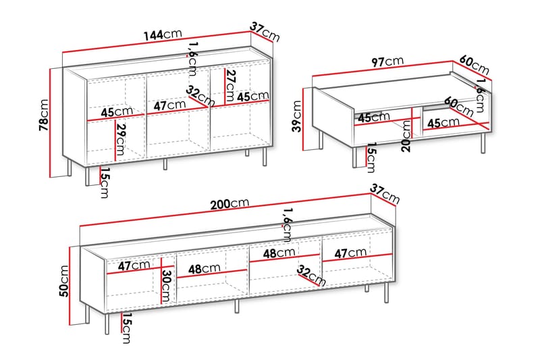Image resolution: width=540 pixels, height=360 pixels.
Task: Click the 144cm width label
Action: [163, 34]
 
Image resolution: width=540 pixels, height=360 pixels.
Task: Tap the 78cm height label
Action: [44, 115]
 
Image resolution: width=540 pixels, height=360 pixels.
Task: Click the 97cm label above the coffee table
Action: [387, 61]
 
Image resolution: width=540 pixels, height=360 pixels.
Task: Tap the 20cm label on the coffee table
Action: [406, 136]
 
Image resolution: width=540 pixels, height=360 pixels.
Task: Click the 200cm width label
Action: [230, 203]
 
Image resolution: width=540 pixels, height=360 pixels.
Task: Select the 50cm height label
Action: [64, 281]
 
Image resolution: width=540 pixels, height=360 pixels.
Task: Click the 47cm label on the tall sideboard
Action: [169, 105]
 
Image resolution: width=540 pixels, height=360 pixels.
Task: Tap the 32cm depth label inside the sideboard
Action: [200, 96]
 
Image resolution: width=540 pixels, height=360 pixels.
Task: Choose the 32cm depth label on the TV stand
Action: [311, 276]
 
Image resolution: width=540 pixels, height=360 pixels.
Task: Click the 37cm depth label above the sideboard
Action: [265, 31]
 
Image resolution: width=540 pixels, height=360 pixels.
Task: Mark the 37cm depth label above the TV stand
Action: [385, 194]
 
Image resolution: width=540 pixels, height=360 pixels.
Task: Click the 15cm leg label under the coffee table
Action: [371, 157]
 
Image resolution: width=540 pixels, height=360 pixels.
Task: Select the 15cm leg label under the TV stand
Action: [126, 328]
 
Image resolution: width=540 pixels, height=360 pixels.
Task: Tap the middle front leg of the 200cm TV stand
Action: [237, 306]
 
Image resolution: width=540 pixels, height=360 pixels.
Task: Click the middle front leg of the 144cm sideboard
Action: [165, 164]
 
